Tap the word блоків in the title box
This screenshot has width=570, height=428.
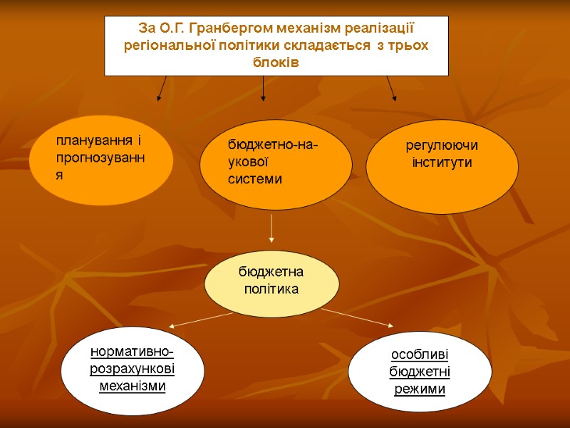point(276,61)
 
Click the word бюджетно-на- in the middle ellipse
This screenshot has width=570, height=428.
point(274,146)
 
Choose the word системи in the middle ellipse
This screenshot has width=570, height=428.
point(255,179)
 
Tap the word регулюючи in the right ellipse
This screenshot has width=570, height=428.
point(442,146)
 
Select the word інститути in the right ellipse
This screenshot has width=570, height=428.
point(442,163)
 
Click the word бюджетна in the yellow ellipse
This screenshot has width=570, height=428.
point(271,272)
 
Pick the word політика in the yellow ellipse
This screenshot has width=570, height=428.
point(271,289)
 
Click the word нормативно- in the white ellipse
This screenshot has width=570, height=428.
point(133,353)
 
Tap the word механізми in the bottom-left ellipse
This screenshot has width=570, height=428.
point(133,386)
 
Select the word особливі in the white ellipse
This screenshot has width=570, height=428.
point(420,355)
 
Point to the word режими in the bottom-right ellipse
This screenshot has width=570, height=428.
point(420,389)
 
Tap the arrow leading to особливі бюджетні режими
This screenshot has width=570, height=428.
point(356,317)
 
